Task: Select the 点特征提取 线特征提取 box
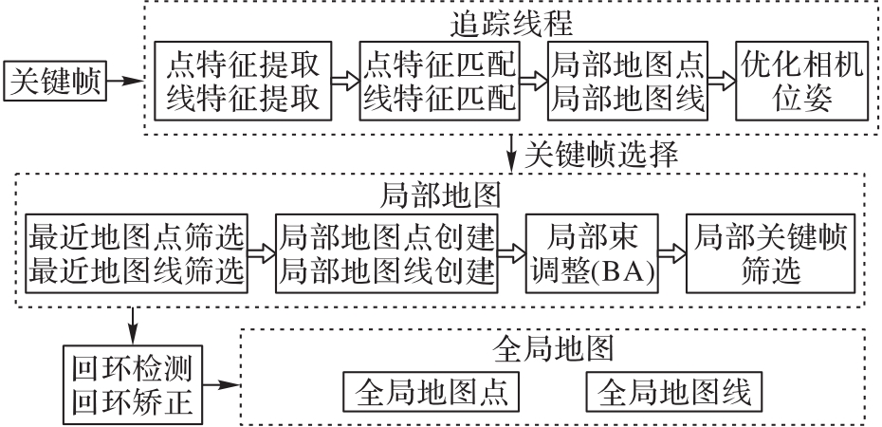pyautogui.click(x=245, y=82)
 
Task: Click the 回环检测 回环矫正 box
pyautogui.click(x=132, y=383)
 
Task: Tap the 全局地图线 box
pyautogui.click(x=675, y=390)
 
